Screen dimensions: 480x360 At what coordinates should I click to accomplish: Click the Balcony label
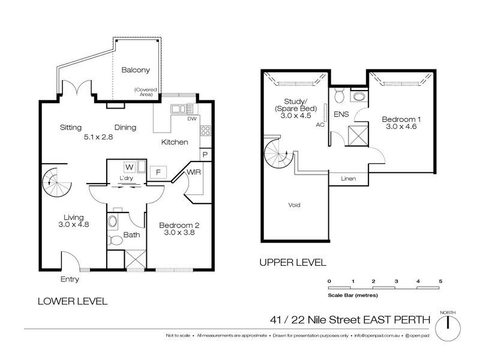(x=136, y=70)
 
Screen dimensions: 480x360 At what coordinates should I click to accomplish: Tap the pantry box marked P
(x=205, y=155)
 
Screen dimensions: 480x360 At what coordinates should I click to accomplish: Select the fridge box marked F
(x=158, y=172)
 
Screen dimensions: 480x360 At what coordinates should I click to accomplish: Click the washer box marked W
(x=129, y=167)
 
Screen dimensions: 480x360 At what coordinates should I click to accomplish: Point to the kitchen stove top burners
(x=205, y=131)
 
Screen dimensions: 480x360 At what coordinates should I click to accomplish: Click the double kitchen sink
(x=178, y=109)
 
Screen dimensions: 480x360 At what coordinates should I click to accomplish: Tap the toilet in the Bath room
(x=115, y=241)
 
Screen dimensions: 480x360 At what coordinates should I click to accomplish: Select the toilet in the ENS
(x=339, y=95)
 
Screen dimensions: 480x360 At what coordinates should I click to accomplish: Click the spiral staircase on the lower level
(x=56, y=182)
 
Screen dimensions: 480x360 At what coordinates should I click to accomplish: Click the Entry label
(x=70, y=279)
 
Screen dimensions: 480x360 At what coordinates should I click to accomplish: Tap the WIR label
(x=194, y=172)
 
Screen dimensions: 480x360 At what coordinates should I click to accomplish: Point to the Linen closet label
(x=349, y=178)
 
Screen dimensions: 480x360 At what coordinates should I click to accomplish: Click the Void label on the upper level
(x=294, y=205)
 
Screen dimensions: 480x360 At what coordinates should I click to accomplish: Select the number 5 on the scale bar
(x=440, y=281)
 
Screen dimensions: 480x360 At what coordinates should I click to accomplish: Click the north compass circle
(x=448, y=328)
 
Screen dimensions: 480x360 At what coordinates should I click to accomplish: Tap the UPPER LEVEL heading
(x=293, y=263)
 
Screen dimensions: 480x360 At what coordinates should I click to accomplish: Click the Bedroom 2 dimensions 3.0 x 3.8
(x=179, y=233)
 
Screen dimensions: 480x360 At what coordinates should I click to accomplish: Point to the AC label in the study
(x=320, y=125)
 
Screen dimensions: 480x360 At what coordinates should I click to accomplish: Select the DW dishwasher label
(x=192, y=118)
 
